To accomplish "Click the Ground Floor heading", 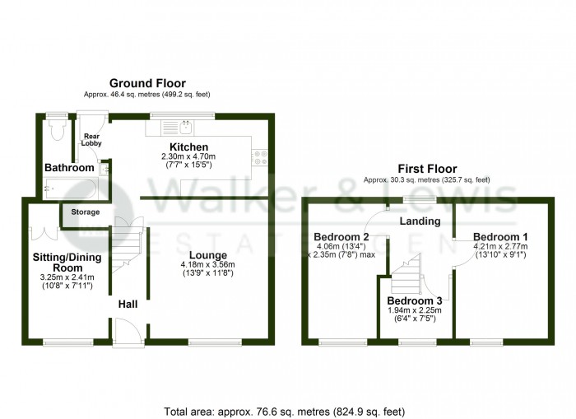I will point(148,83).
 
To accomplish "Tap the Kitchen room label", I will point(187,147).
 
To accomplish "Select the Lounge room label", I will point(207,254).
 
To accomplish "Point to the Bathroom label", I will point(69,168).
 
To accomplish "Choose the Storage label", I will point(85,212).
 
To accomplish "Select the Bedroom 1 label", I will point(500,235).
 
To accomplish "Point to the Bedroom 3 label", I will point(416,300).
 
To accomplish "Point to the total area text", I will point(285,410).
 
